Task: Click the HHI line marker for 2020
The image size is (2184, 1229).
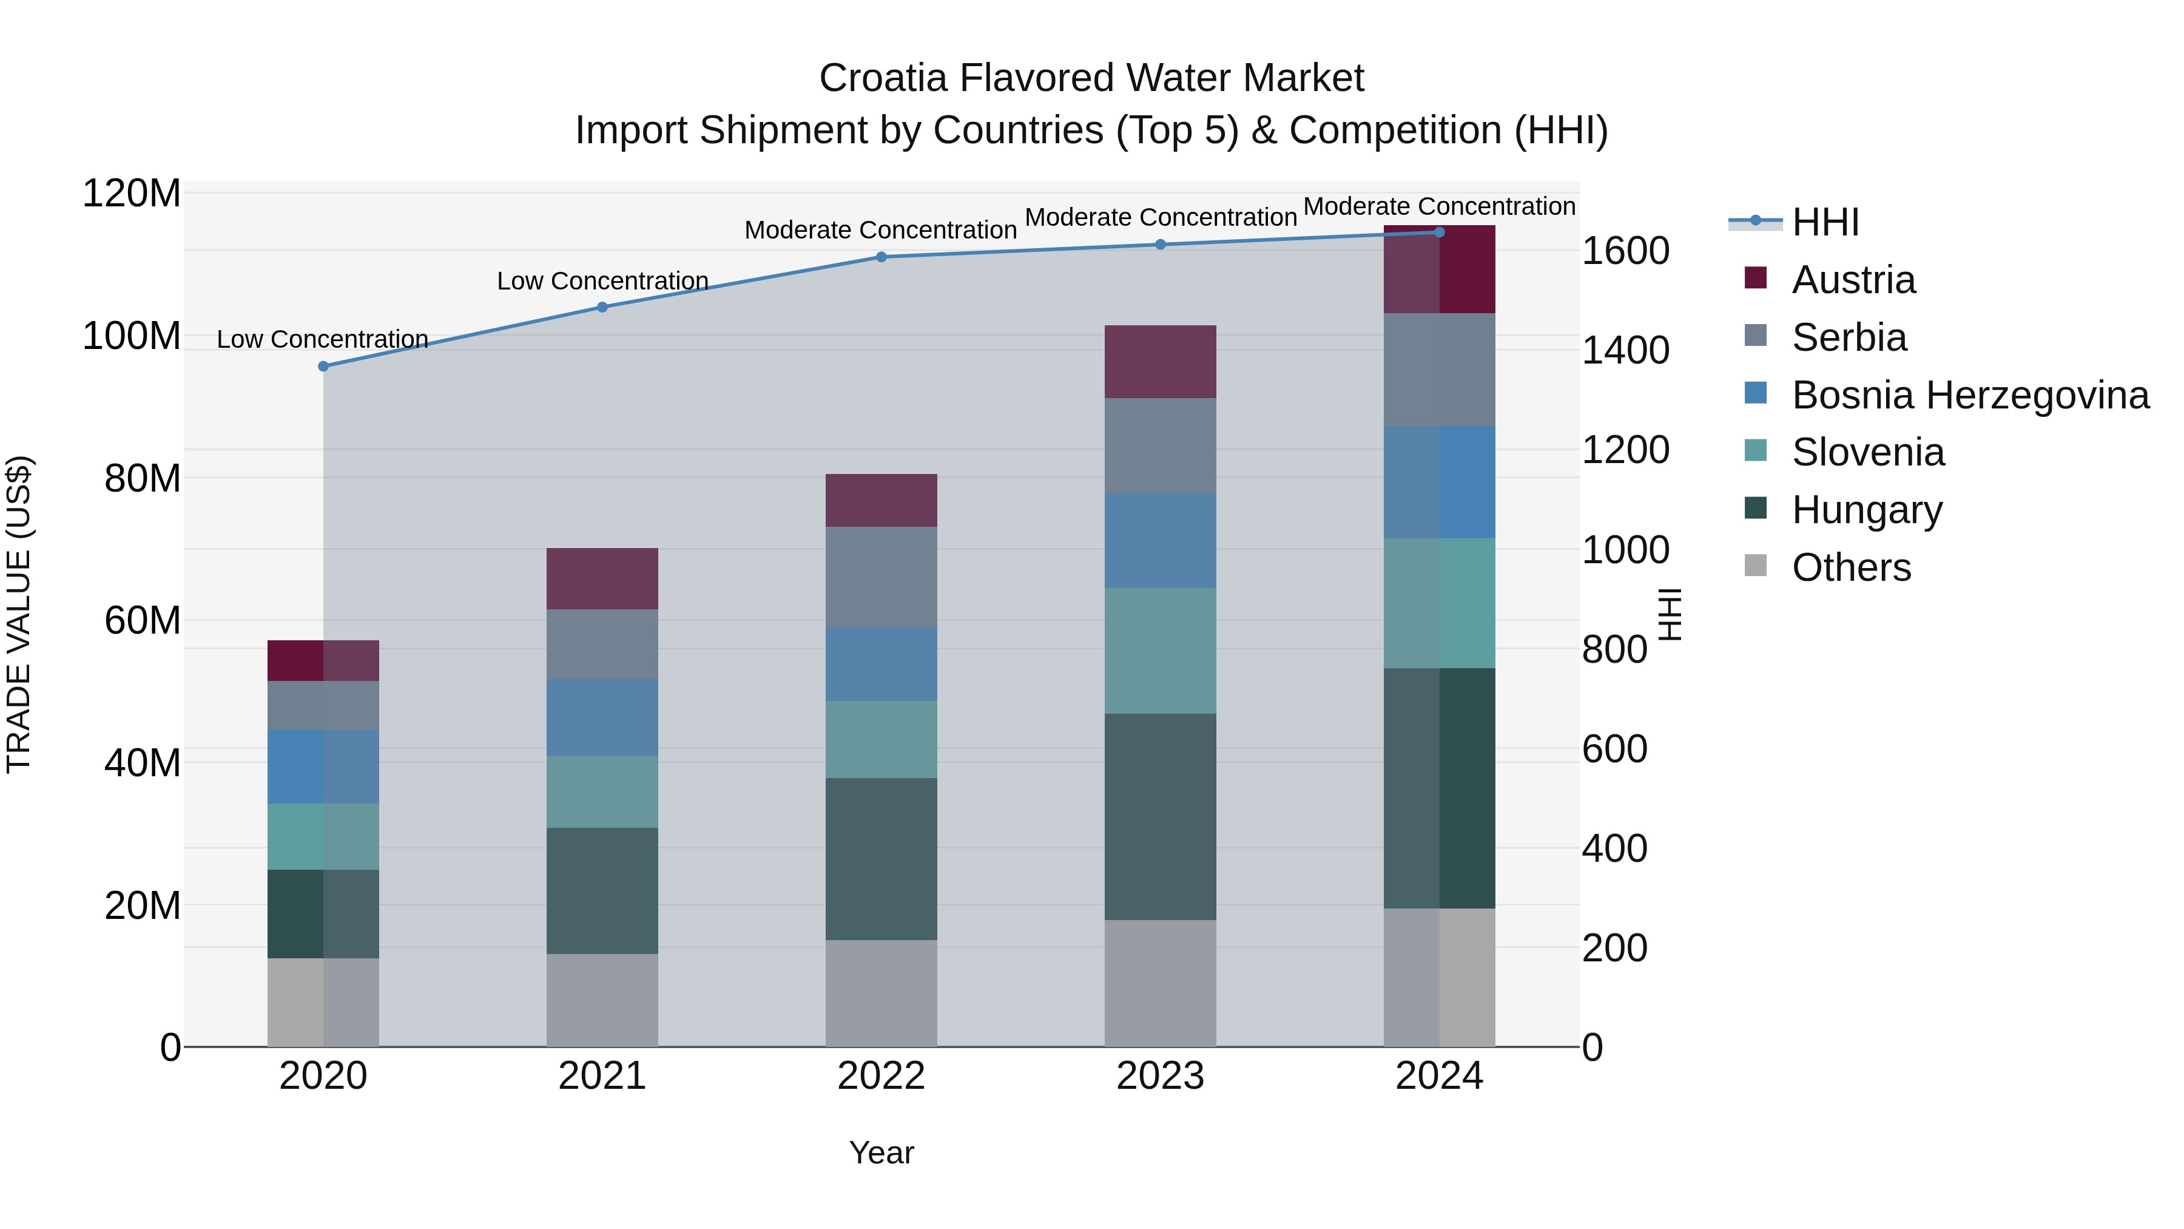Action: [323, 367]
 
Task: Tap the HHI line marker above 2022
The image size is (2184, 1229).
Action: [881, 257]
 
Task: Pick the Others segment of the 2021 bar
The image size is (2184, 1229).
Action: [602, 1000]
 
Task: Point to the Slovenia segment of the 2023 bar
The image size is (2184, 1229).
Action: [1160, 651]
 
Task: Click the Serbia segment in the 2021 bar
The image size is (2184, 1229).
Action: [602, 644]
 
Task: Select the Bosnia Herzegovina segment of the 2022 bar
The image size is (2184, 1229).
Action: [881, 663]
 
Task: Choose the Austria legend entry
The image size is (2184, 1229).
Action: [1853, 280]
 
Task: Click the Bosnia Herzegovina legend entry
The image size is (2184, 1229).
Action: [1969, 395]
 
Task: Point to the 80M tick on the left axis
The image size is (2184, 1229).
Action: [141, 478]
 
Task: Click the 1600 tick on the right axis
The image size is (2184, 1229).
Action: [1625, 251]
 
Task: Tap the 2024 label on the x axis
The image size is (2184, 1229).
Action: [1439, 1076]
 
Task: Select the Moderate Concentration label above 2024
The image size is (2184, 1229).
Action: [1439, 206]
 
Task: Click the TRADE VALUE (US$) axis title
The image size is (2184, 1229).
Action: [19, 614]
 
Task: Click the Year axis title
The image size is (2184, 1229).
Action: [881, 1153]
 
